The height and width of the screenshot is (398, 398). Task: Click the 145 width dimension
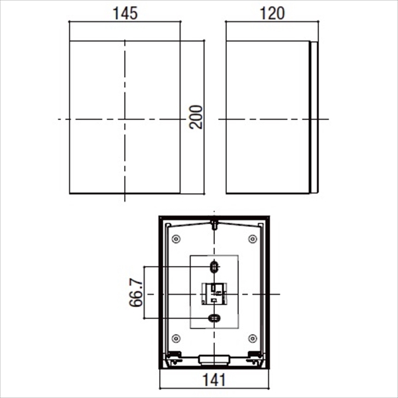(x=125, y=13)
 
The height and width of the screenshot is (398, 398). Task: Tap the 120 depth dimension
(x=272, y=13)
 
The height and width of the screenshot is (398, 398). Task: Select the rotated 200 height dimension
(x=196, y=117)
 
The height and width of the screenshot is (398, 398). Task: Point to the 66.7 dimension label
(x=136, y=293)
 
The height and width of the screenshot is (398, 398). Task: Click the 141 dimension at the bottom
(x=214, y=380)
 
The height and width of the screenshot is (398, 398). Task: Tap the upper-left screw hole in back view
(x=176, y=239)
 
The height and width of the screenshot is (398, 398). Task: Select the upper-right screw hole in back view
(x=252, y=239)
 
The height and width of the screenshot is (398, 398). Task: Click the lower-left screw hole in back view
(x=176, y=338)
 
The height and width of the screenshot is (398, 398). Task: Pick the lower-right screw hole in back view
(x=252, y=338)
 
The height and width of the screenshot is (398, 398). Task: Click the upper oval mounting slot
(x=214, y=267)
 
